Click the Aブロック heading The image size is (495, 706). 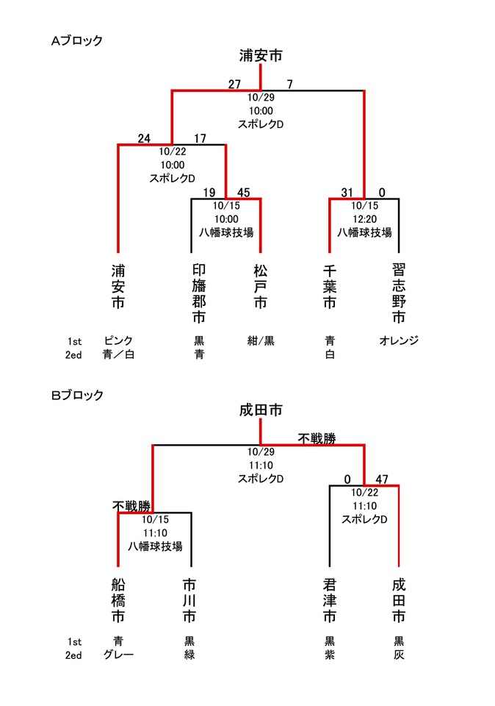tap(76, 41)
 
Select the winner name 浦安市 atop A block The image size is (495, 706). tap(261, 55)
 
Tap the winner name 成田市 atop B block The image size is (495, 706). tap(261, 410)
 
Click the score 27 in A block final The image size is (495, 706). tap(235, 84)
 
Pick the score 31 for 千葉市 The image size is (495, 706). tap(347, 193)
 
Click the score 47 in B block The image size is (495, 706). tap(381, 479)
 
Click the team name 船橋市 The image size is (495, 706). tap(118, 600)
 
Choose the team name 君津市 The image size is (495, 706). tap(330, 600)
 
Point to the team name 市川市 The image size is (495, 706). tap(190, 600)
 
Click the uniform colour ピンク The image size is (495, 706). tap(118, 340)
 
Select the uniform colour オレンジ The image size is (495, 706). tap(399, 340)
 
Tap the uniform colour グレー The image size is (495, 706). tap(118, 655)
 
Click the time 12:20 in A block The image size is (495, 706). tap(364, 218)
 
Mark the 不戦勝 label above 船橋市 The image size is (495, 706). tap(131, 506)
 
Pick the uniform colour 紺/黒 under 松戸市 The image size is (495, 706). tap(261, 340)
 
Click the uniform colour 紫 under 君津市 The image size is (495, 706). tap(330, 655)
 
